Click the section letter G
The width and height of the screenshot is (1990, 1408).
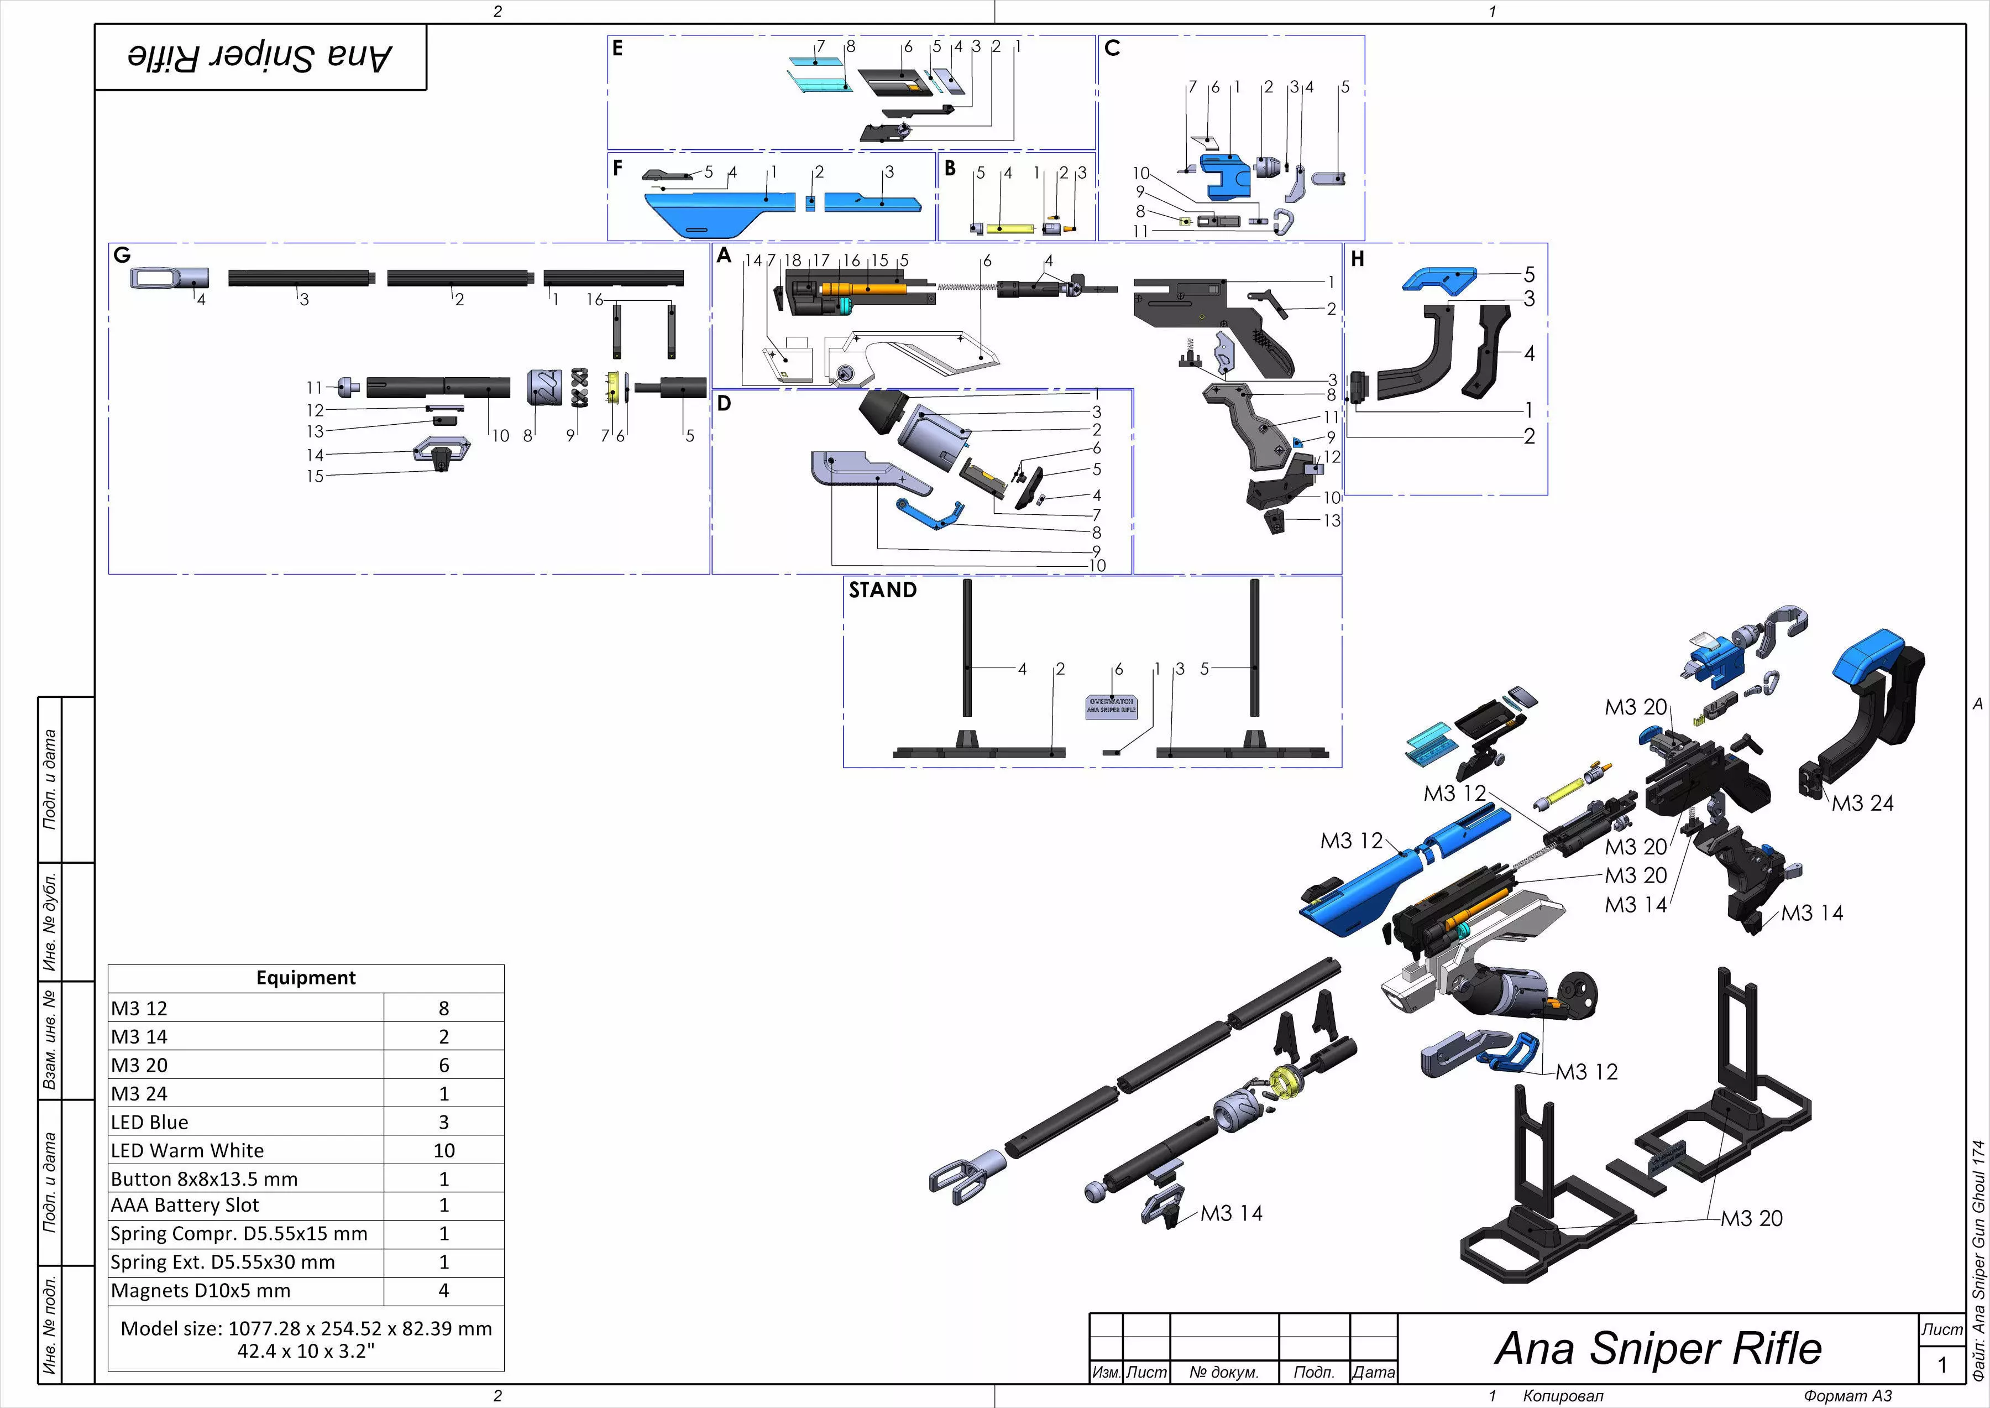(x=122, y=255)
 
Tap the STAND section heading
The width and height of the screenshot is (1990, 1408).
(x=882, y=591)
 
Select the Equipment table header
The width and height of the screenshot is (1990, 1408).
(x=306, y=978)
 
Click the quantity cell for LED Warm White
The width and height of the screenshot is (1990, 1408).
(x=444, y=1150)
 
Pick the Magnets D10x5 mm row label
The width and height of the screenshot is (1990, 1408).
(x=200, y=1291)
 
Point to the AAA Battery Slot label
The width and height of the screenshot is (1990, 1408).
(x=185, y=1205)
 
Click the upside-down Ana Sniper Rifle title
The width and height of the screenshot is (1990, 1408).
(x=260, y=57)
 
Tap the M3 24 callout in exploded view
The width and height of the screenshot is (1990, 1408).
(x=1863, y=804)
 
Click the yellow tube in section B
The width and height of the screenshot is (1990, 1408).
(x=1010, y=229)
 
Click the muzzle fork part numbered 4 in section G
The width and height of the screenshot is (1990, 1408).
(x=170, y=278)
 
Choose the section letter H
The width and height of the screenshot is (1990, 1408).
(x=1357, y=259)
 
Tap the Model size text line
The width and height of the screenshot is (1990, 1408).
(x=306, y=1329)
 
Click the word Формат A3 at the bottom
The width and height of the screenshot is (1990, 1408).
(x=1847, y=1396)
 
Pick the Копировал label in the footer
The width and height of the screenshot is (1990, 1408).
(x=1563, y=1396)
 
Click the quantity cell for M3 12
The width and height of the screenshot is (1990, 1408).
(x=444, y=1008)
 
